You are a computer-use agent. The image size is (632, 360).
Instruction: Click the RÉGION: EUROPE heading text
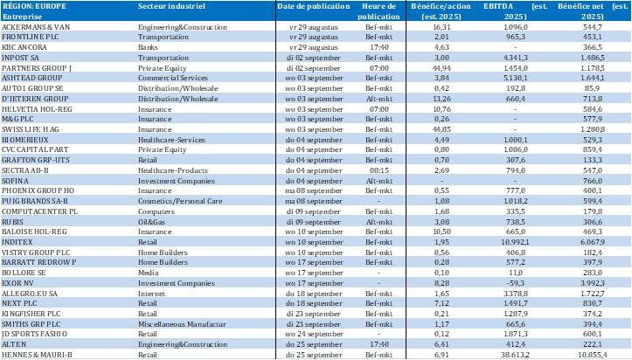[x=31, y=6]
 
